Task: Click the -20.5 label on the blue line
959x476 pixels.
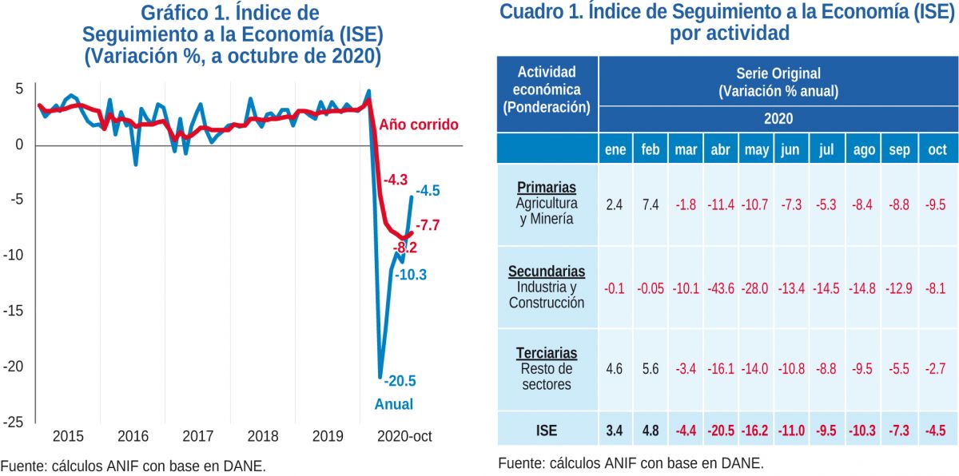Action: [400, 381]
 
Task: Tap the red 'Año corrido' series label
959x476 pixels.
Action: [419, 125]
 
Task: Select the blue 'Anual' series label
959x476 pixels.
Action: [394, 404]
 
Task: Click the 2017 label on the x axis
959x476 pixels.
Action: [197, 437]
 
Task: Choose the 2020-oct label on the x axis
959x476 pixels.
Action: [404, 437]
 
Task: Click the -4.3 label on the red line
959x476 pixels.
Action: [396, 180]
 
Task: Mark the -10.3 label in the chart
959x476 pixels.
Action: [412, 275]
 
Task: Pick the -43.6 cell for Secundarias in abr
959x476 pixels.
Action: [721, 288]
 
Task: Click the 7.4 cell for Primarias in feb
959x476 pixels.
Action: [650, 205]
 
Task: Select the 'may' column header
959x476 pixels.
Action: [756, 149]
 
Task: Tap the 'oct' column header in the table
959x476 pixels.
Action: [937, 149]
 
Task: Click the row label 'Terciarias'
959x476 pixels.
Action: [547, 353]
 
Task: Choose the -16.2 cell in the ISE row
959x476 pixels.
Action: [756, 431]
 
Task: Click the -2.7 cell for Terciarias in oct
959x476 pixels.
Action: [937, 369]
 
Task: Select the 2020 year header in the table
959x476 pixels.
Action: [778, 118]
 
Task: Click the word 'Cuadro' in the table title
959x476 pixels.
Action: [531, 12]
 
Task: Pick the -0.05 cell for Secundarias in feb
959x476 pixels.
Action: [650, 288]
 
